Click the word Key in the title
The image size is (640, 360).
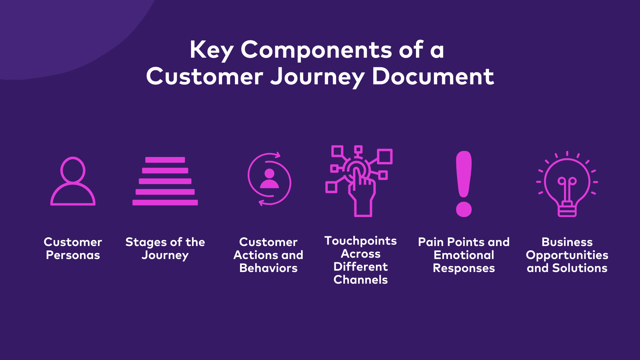(x=211, y=50)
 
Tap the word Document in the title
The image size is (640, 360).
(x=433, y=77)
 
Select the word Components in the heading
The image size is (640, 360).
(x=316, y=50)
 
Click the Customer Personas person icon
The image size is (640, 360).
(x=73, y=181)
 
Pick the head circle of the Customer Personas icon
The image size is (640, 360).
(x=73, y=170)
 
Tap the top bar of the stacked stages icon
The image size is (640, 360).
(x=165, y=160)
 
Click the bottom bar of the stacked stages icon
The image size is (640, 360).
(x=165, y=202)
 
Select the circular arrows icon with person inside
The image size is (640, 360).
(x=269, y=179)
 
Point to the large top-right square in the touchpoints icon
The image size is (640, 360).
(x=385, y=156)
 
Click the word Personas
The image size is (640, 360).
(x=73, y=255)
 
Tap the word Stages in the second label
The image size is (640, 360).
(x=145, y=242)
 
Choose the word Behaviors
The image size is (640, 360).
(x=268, y=268)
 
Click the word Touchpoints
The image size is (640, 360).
(x=361, y=241)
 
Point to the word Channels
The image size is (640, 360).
(x=361, y=280)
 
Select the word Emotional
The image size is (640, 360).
(x=464, y=255)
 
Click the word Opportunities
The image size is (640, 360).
(x=567, y=255)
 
